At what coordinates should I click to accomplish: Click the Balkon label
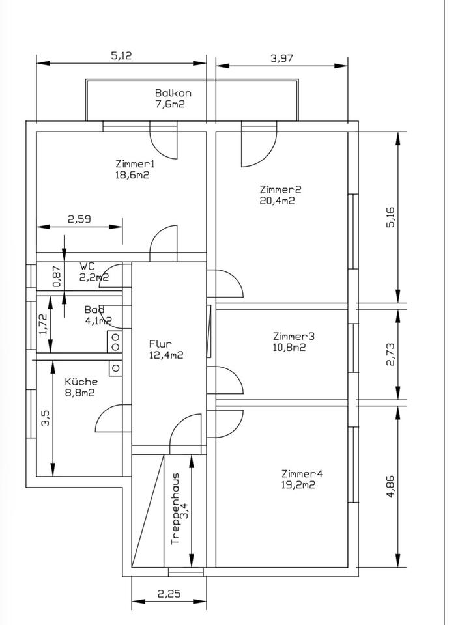click(x=173, y=93)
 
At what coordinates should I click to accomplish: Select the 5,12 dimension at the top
click(x=121, y=56)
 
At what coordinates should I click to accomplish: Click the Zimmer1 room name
click(x=135, y=163)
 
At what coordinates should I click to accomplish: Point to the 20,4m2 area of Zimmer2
click(x=277, y=201)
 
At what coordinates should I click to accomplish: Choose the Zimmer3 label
click(x=293, y=336)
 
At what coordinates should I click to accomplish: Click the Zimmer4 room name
click(x=302, y=473)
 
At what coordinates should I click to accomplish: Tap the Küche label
click(x=81, y=382)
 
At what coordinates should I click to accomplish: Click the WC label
click(x=87, y=266)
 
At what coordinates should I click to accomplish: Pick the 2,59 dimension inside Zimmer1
click(x=79, y=219)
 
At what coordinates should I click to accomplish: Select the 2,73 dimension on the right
click(x=390, y=354)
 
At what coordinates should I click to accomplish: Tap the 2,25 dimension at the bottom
click(x=169, y=594)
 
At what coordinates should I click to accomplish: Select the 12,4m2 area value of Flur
click(x=165, y=355)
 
